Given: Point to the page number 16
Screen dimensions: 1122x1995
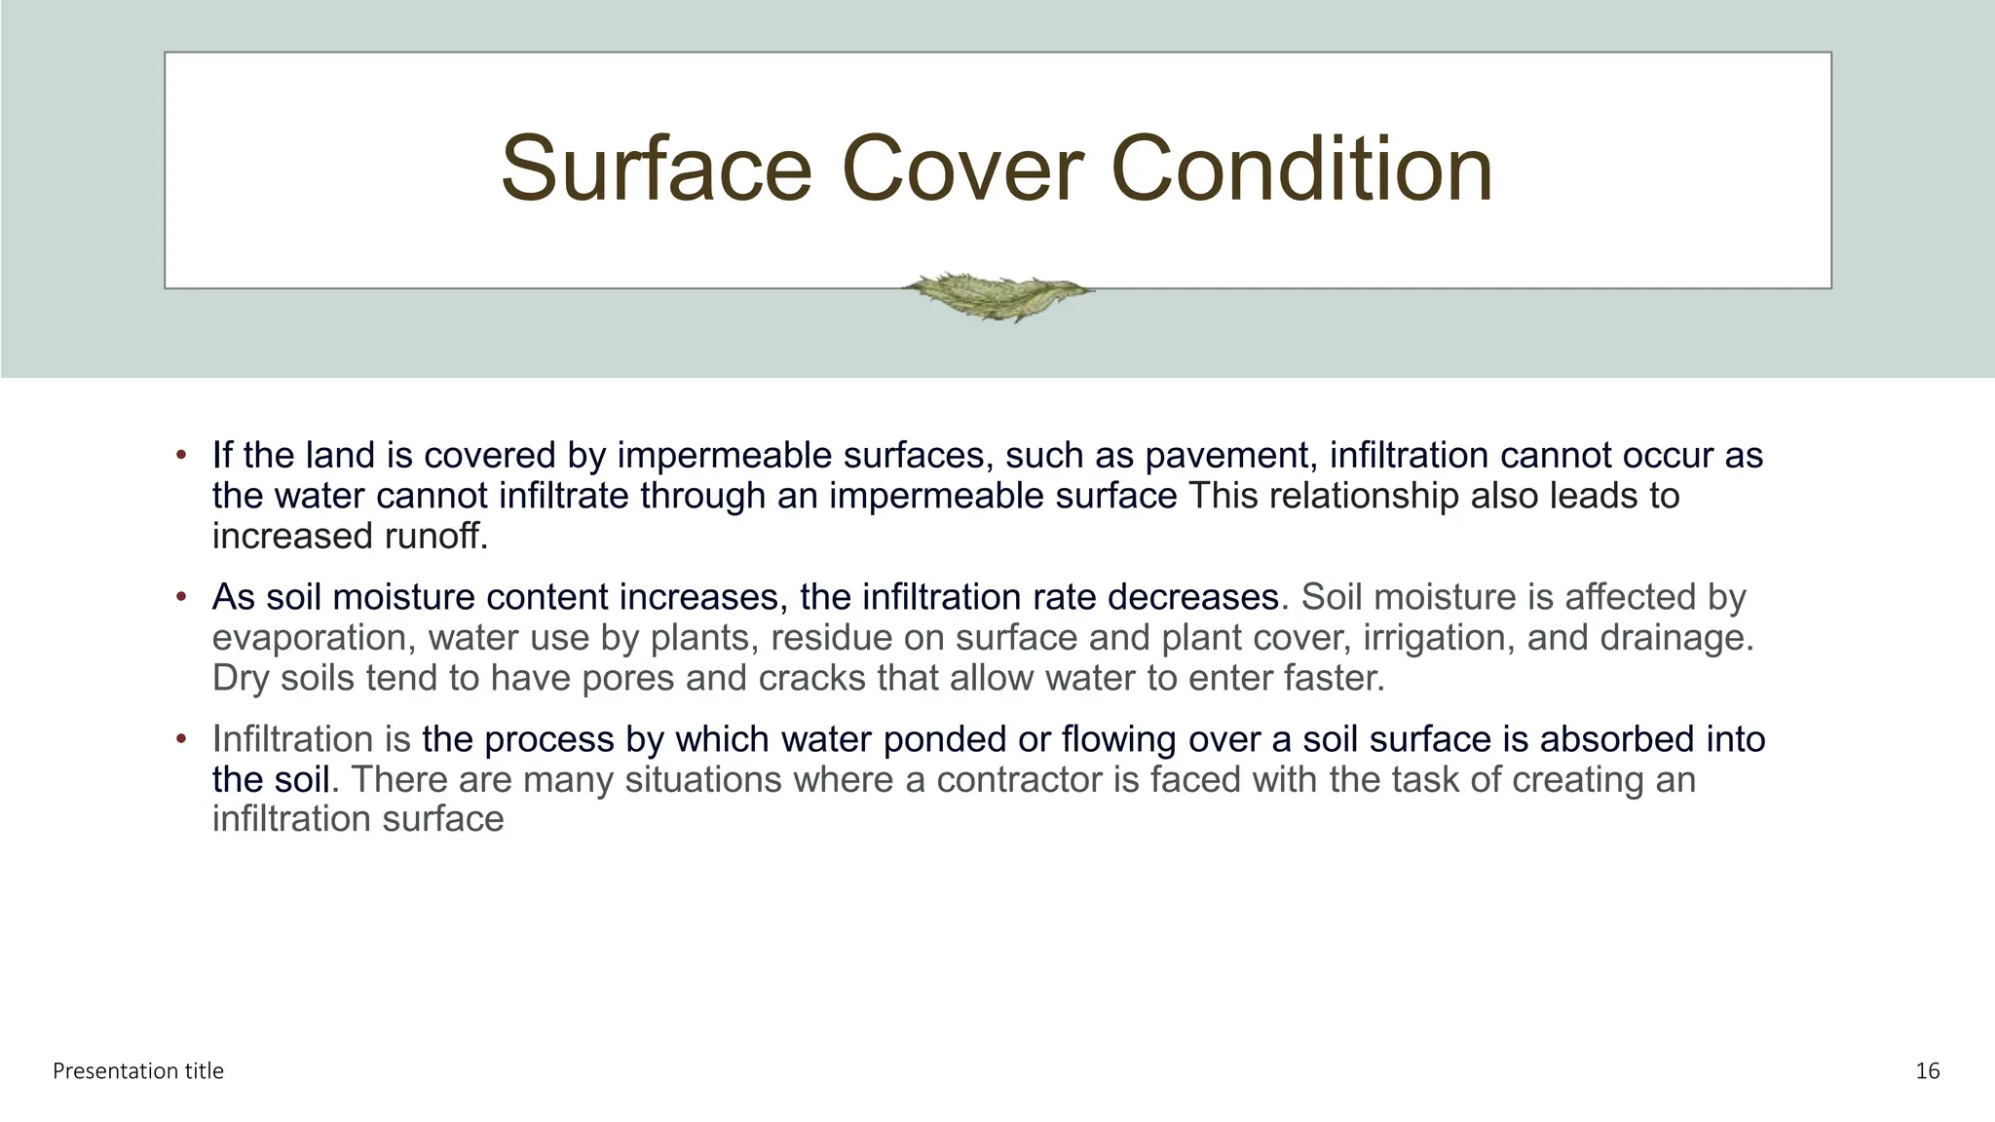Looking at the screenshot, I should click(x=1927, y=1071).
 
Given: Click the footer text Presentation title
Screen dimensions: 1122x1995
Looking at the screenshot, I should click(x=138, y=1071).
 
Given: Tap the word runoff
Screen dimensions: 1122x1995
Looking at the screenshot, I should click(x=429, y=537).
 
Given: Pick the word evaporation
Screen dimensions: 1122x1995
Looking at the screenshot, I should click(x=310, y=638).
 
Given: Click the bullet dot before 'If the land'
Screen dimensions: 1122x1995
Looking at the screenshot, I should click(x=180, y=456).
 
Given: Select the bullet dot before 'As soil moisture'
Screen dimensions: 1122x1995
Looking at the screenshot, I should click(x=180, y=597).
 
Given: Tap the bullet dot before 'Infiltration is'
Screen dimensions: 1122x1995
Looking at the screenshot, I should click(x=180, y=739).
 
